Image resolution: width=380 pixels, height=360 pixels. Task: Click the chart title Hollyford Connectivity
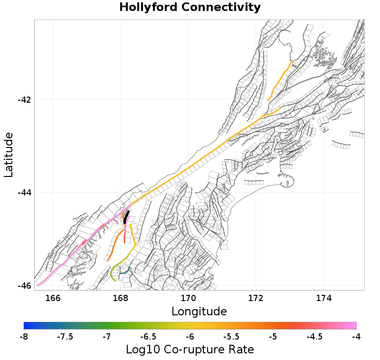[x=190, y=8]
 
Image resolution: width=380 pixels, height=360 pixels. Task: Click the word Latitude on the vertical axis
[x=9, y=155]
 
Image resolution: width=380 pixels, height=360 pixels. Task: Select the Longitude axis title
[x=199, y=311]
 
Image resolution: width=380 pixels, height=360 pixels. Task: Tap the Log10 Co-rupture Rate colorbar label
[x=190, y=350]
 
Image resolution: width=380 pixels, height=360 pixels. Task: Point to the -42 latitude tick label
[x=24, y=100]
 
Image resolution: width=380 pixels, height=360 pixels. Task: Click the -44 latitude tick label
[x=24, y=193]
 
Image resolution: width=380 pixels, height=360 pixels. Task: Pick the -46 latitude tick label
[x=24, y=286]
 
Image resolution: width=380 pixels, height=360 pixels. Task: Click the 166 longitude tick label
[x=53, y=298]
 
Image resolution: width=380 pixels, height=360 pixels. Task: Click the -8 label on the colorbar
[x=24, y=337]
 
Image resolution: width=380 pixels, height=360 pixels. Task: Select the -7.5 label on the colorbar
[x=65, y=337]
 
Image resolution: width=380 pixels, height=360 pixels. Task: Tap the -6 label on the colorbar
[x=190, y=337]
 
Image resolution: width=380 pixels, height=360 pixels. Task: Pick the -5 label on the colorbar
[x=273, y=337]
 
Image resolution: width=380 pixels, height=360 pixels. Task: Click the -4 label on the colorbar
[x=356, y=337]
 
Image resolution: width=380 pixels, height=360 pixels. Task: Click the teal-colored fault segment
[x=125, y=272]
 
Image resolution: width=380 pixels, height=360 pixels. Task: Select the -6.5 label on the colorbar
[x=148, y=337]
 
